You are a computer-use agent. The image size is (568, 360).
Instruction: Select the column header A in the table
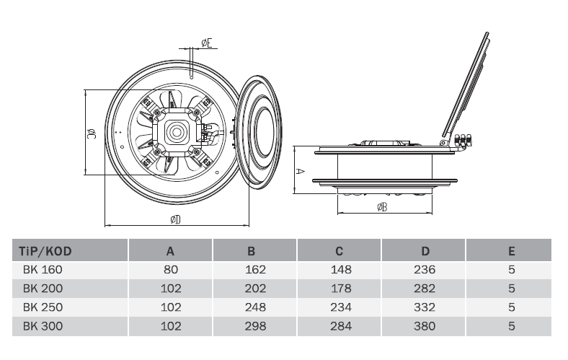point(171,252)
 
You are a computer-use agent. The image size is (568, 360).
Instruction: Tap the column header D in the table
point(425,252)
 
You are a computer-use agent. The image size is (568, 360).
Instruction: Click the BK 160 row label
point(43,270)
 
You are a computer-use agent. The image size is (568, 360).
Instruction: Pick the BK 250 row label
point(43,307)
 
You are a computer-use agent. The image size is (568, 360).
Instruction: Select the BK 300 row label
point(43,326)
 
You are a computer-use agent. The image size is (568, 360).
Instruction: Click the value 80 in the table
point(171,270)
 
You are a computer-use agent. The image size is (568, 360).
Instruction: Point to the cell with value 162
point(256,270)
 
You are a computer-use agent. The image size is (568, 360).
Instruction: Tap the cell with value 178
point(341,289)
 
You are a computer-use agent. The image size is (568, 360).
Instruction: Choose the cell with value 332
point(425,307)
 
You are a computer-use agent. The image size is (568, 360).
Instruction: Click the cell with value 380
point(425,326)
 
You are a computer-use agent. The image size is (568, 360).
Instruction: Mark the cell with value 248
point(256,307)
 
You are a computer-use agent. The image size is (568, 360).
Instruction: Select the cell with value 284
point(341,326)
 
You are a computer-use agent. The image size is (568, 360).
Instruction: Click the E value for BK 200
point(511,289)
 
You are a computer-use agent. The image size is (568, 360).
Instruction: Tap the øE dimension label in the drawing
point(207,43)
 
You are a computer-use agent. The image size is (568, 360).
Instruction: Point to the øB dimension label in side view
point(383,208)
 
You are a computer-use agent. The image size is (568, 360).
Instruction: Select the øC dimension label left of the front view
point(93,133)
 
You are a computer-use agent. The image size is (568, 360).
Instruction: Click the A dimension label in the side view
point(301,171)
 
